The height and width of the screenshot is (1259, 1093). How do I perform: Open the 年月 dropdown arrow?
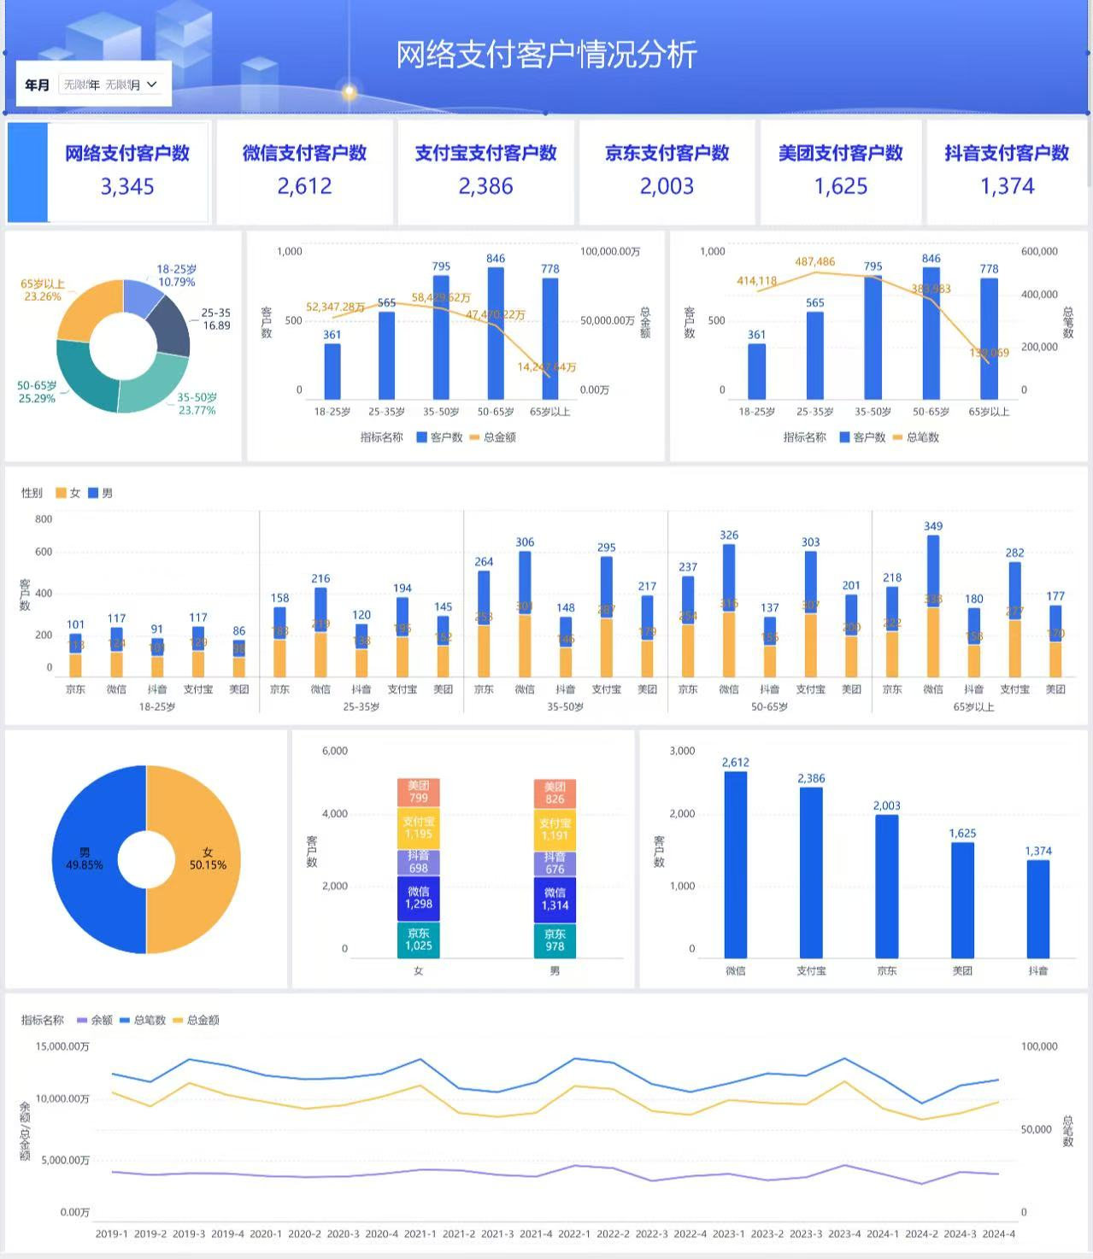click(x=152, y=85)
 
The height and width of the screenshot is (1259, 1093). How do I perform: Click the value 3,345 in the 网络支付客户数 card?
click(x=127, y=186)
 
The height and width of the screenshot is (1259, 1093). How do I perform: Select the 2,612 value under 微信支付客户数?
click(x=304, y=186)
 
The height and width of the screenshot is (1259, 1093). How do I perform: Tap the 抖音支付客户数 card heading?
click(x=1007, y=153)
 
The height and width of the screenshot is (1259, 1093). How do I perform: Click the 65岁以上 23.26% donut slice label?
click(x=43, y=290)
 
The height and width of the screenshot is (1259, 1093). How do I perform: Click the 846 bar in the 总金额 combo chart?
click(x=496, y=333)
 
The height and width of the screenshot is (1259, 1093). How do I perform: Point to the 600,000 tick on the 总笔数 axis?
click(x=1039, y=251)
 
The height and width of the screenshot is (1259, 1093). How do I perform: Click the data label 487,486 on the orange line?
click(x=814, y=261)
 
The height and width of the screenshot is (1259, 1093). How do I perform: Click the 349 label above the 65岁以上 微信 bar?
click(x=933, y=526)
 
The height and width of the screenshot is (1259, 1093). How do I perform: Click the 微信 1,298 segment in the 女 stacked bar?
click(x=418, y=899)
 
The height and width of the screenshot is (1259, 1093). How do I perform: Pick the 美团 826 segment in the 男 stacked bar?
click(x=555, y=793)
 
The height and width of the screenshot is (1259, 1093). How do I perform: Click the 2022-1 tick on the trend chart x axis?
click(x=573, y=1233)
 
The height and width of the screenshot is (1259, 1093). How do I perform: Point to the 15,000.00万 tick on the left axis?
click(x=62, y=1046)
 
